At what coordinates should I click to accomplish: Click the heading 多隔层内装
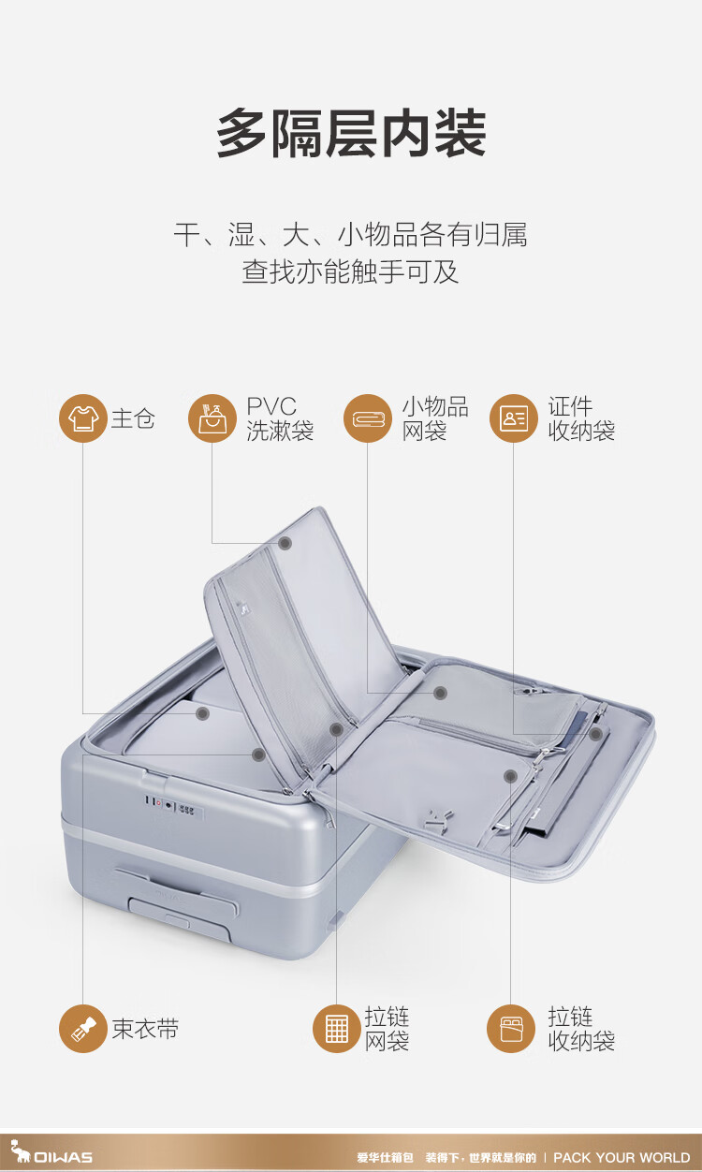click(x=351, y=134)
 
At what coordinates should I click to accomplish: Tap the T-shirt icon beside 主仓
click(x=82, y=418)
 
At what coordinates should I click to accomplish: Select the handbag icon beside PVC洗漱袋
click(x=212, y=418)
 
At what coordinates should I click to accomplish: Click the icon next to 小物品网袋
click(x=367, y=418)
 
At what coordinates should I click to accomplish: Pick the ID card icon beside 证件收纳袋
click(x=513, y=418)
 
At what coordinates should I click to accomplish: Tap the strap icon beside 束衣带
click(x=82, y=1029)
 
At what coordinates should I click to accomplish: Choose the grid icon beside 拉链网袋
click(x=336, y=1029)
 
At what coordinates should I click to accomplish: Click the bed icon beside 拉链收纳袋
click(x=510, y=1029)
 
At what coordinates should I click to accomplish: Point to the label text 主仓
click(x=133, y=418)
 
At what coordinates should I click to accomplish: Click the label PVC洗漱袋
click(x=280, y=418)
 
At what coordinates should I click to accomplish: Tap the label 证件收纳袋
click(x=581, y=418)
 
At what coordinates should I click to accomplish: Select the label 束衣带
click(x=145, y=1029)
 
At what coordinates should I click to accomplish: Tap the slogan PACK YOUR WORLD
click(x=622, y=1157)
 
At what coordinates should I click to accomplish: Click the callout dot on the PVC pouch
click(x=285, y=543)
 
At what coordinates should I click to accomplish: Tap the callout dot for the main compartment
click(x=202, y=713)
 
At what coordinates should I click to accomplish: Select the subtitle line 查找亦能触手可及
click(x=350, y=272)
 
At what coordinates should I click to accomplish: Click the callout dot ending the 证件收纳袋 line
click(x=595, y=734)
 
